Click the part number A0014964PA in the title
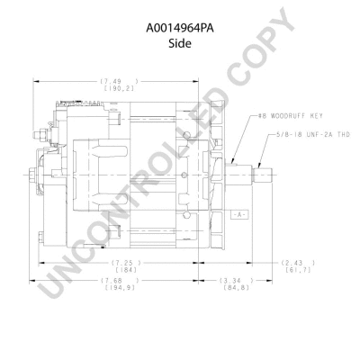click(x=180, y=28)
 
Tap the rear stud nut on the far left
click(x=34, y=174)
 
